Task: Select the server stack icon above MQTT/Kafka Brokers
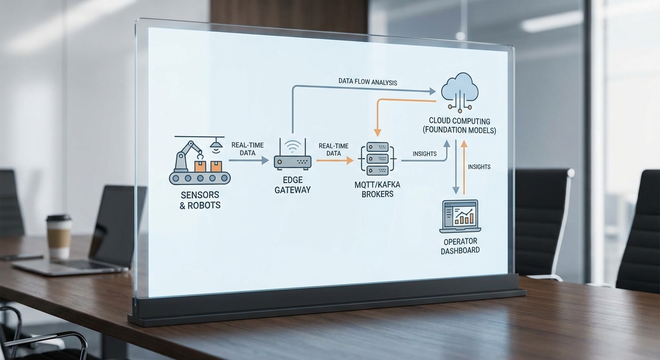point(377,159)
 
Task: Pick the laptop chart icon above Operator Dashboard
point(460,216)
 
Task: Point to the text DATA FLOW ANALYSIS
point(367,82)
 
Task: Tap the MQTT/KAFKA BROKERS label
point(377,189)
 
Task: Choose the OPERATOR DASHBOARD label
point(460,246)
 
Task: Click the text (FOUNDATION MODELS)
point(459,131)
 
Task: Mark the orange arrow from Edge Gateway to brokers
point(335,161)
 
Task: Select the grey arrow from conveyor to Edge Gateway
point(248,161)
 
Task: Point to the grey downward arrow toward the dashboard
point(455,168)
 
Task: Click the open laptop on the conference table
point(94,234)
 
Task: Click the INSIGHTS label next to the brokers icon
point(425,154)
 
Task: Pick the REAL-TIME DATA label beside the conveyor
point(247,149)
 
